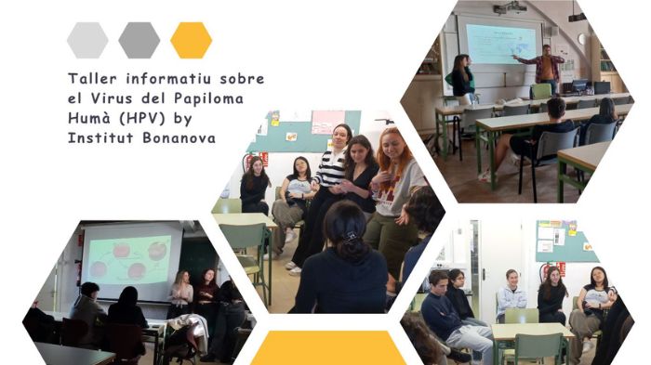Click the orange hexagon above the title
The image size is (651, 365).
tap(191, 40)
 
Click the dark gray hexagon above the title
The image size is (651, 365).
tap(139, 40)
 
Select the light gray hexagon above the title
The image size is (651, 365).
tap(87, 40)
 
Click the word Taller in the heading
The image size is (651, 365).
tap(93, 78)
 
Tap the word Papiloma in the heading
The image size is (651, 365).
tap(208, 98)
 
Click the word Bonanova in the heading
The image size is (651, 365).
tap(179, 137)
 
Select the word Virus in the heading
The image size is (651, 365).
tap(113, 98)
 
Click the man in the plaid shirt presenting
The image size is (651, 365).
tap(544, 69)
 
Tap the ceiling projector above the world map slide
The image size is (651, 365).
tap(510, 7)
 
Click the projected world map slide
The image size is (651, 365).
tap(500, 44)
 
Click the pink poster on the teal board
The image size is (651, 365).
tap(328, 122)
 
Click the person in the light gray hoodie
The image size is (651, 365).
tap(511, 295)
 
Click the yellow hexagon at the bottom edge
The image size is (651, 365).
tap(328, 348)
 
